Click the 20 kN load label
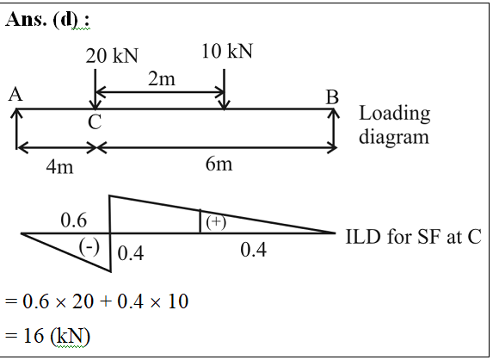[112, 56]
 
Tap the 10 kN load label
[227, 51]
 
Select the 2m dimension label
[162, 78]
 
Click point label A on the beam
[15, 94]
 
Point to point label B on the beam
[332, 97]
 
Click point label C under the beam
[95, 122]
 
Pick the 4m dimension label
[59, 166]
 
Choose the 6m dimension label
[219, 164]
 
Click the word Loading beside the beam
[395, 115]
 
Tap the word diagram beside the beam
[394, 137]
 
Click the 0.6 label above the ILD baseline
[74, 220]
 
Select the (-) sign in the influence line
[89, 247]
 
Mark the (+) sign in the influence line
[216, 222]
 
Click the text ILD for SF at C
[414, 236]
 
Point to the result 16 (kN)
[57, 336]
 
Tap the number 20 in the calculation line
[83, 301]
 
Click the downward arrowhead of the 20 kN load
[96, 105]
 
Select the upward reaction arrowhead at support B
[334, 114]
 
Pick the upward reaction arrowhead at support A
[16, 114]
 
